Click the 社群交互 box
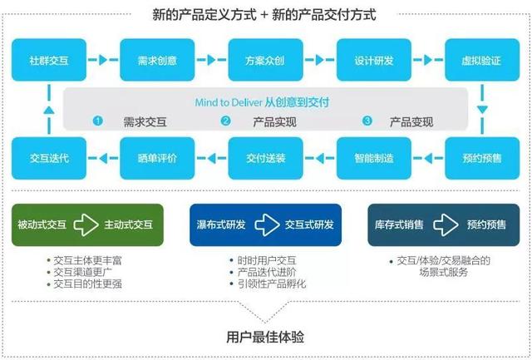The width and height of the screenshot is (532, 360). [48, 61]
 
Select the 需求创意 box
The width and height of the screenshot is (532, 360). [156, 61]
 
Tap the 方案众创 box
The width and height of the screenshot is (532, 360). [266, 61]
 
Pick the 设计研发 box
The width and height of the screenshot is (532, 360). [374, 61]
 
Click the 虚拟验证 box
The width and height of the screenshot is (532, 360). [482, 61]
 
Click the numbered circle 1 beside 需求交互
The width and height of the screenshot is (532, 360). [97, 121]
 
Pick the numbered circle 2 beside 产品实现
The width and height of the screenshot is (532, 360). [225, 121]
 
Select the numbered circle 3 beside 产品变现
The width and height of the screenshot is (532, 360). [368, 121]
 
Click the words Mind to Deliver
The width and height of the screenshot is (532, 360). [228, 102]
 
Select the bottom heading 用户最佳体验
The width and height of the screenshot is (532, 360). [265, 338]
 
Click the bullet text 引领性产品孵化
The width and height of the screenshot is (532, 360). [272, 284]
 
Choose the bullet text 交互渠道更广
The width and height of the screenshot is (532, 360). [84, 272]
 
